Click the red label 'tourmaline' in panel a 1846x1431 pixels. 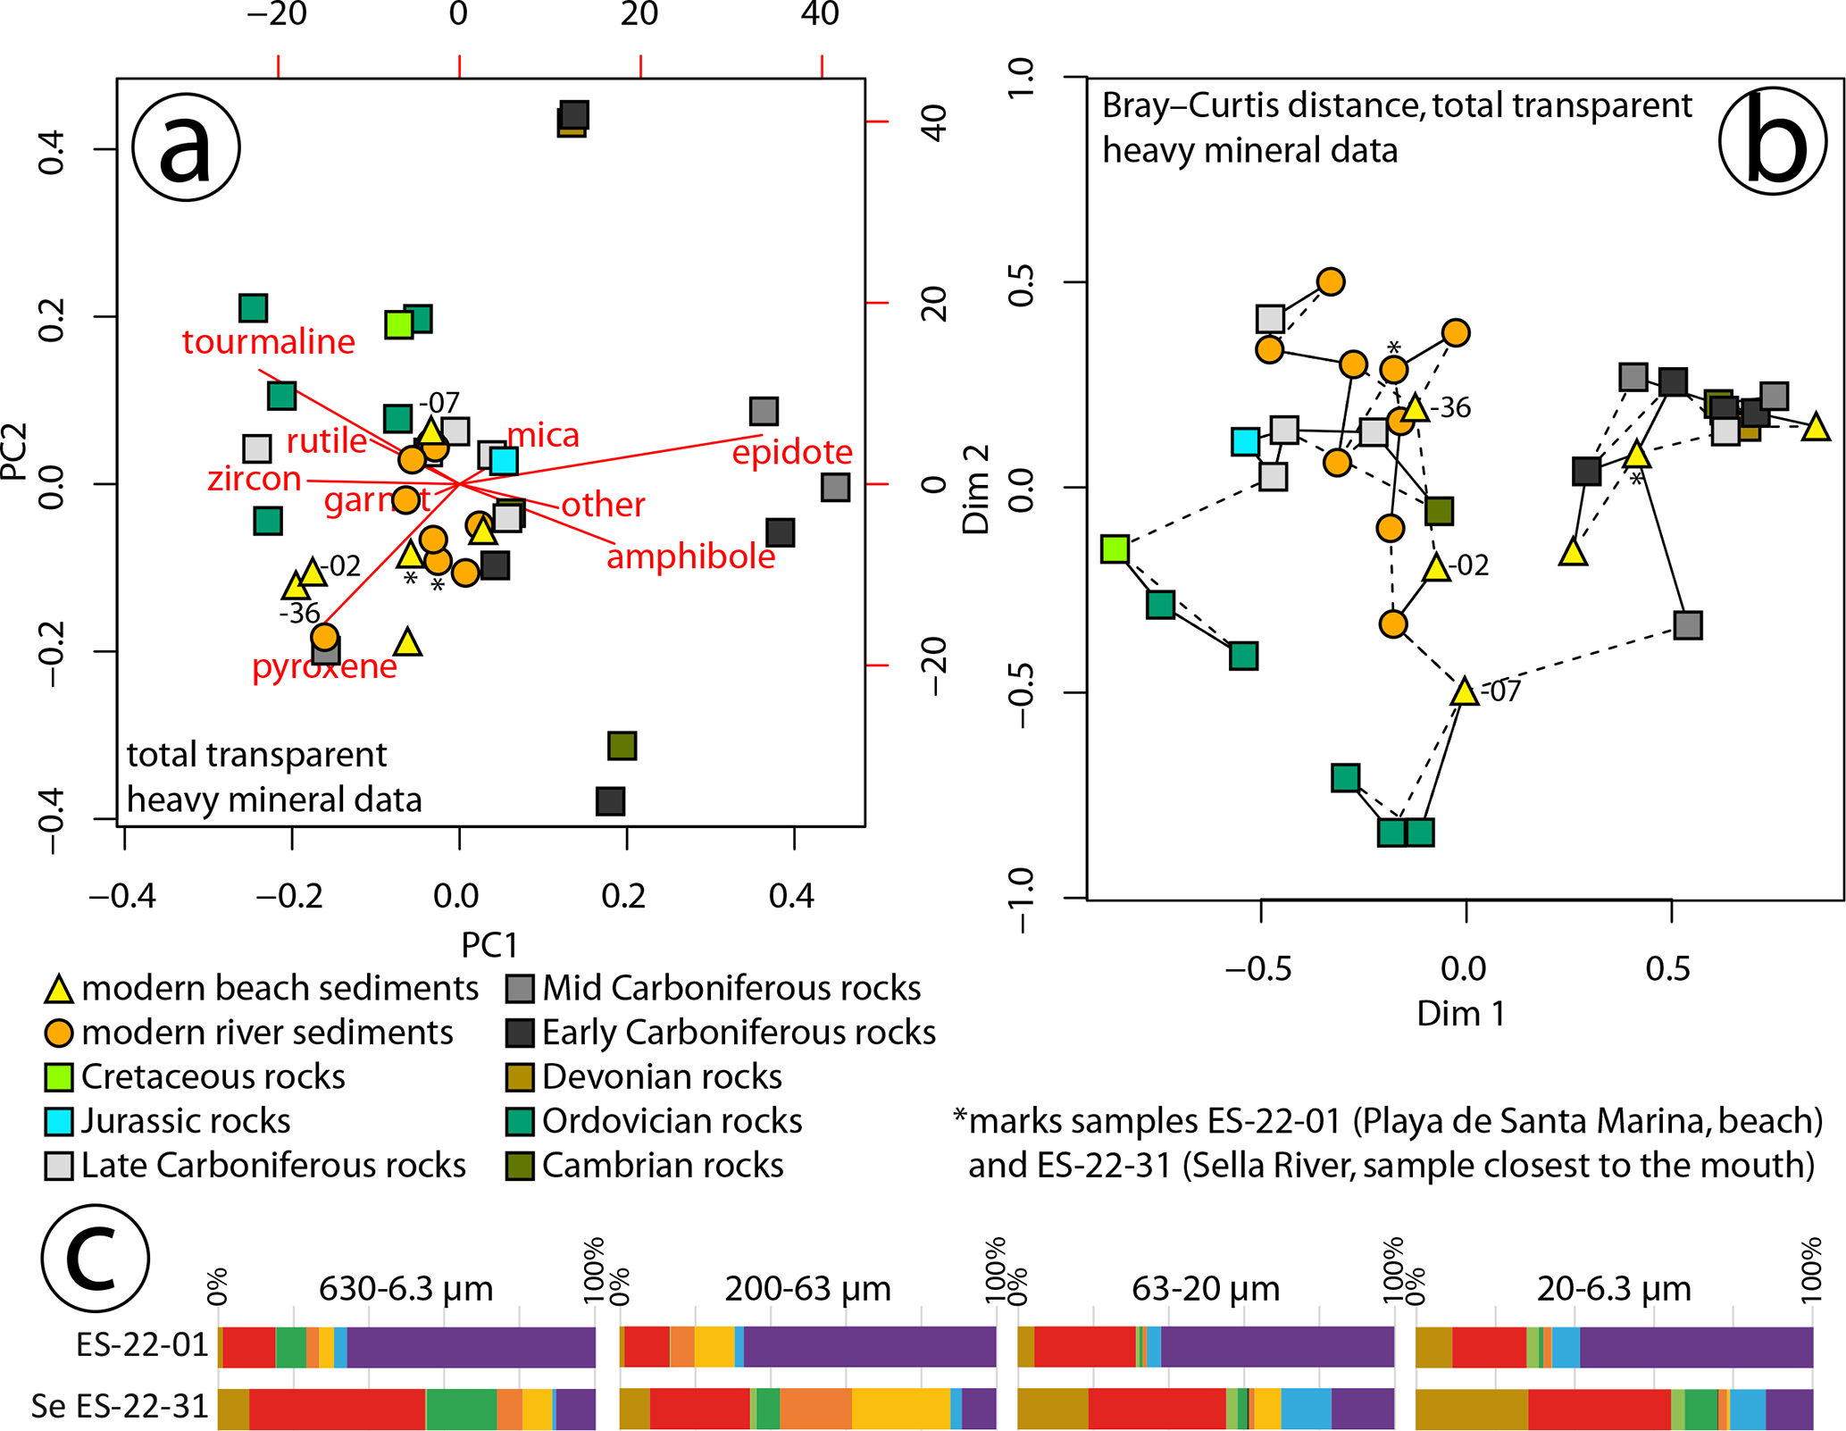(x=268, y=342)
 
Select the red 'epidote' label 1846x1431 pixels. (x=792, y=452)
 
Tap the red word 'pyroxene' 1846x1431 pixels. (x=324, y=666)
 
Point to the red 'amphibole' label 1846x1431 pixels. (x=690, y=556)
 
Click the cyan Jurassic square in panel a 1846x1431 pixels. (x=504, y=461)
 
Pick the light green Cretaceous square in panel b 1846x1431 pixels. (x=1115, y=548)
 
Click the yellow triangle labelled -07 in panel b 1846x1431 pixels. (x=1464, y=691)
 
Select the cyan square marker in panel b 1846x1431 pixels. (x=1245, y=441)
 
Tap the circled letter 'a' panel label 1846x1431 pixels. (x=186, y=147)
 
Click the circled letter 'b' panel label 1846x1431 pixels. (x=1773, y=141)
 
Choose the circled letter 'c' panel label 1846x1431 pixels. (x=95, y=1258)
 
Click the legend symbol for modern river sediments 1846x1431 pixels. (x=58, y=1033)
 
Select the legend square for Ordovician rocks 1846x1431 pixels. (x=520, y=1121)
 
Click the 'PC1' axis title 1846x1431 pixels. (x=489, y=945)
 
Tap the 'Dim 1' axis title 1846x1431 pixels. (x=1462, y=1014)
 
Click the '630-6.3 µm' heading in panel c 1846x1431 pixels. (x=406, y=1289)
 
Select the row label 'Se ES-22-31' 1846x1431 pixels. (x=120, y=1406)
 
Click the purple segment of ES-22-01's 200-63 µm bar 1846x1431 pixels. (x=869, y=1347)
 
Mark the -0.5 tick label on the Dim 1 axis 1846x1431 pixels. (x=1258, y=968)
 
